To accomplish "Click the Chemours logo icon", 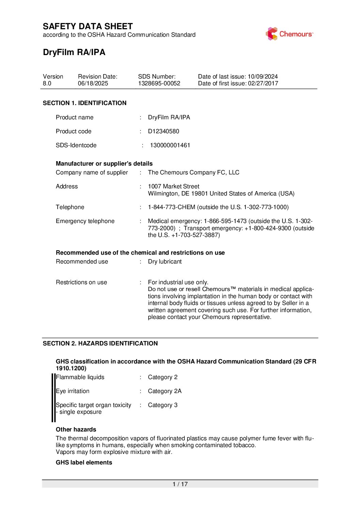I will (272, 34).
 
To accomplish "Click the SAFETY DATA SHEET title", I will (88, 27).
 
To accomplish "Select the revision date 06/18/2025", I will (93, 83).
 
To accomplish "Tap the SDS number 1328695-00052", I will (159, 83).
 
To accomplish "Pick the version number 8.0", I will (47, 83).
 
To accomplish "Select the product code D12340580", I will (163, 131).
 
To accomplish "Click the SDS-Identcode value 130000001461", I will (170, 145).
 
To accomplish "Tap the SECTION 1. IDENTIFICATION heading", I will (84, 103).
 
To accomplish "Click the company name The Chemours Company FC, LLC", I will (193, 172).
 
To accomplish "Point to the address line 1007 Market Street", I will (174, 186).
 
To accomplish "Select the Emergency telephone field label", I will (85, 221).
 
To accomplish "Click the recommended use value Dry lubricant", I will (165, 261).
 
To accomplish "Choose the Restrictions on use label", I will (81, 282).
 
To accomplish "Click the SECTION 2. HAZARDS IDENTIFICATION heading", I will (100, 343).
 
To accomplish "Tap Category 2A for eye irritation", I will (165, 391).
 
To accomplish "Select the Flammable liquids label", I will (80, 377).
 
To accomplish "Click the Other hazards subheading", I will (76, 429).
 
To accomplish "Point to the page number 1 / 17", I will (180, 484).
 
